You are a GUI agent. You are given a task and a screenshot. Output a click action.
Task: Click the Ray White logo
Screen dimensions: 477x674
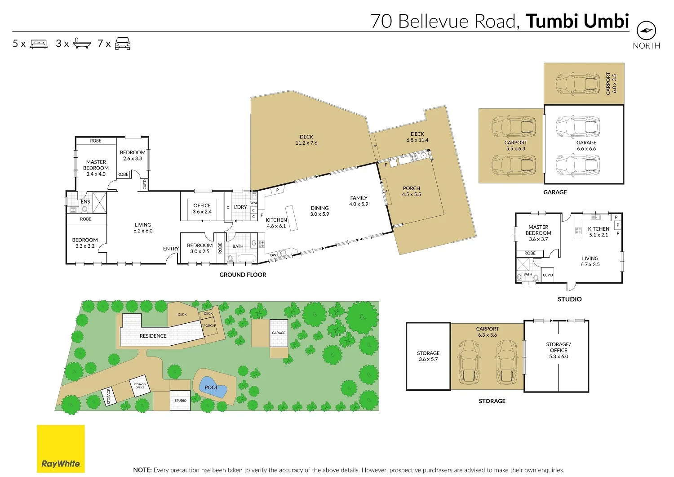[x=61, y=449]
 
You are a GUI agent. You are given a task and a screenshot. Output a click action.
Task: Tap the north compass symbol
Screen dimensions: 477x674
[x=646, y=31]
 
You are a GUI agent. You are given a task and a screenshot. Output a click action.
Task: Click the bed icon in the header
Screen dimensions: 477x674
[x=39, y=44]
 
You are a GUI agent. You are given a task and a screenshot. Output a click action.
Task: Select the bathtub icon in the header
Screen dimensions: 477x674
[x=82, y=44]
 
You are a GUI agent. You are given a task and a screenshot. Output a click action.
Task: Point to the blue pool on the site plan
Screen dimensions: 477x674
[x=211, y=387]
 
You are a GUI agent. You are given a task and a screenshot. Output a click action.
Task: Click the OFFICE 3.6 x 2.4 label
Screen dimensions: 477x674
[x=202, y=209]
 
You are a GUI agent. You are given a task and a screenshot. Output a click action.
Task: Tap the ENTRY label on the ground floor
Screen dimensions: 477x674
[x=171, y=249]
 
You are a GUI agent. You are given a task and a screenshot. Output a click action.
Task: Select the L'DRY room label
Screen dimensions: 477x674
[x=240, y=207]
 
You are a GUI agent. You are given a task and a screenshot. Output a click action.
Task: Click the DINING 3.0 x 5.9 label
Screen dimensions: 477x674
[x=319, y=211]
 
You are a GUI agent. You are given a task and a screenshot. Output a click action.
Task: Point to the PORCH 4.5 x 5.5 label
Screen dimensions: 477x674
[x=411, y=192]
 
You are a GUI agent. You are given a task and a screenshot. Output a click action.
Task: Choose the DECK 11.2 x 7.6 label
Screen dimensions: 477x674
[x=306, y=140]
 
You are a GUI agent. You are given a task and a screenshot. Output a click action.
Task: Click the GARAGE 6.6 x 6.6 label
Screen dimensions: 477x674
[x=586, y=145]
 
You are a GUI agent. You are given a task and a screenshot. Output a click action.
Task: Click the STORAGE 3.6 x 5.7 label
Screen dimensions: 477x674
[x=428, y=356]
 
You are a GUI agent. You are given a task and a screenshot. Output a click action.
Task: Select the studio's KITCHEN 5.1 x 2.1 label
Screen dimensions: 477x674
[x=599, y=232]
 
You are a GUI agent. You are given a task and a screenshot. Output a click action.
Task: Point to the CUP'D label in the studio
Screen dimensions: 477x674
[x=548, y=275]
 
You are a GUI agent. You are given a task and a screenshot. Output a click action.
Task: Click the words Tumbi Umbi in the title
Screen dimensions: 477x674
[x=577, y=21]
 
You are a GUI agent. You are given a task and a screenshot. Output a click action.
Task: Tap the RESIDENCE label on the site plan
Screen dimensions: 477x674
[x=153, y=336]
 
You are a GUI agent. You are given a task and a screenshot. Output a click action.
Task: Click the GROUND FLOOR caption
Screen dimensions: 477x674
[x=243, y=275]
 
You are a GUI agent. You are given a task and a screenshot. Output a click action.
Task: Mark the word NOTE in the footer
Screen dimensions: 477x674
[x=142, y=470]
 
